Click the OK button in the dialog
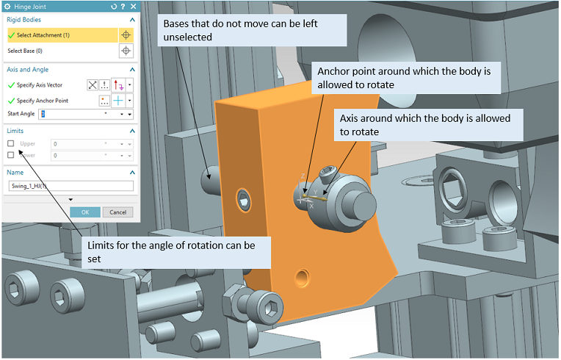(x=85, y=212)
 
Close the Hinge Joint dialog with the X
(x=132, y=7)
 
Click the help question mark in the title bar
(x=122, y=7)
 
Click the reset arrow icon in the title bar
(x=112, y=7)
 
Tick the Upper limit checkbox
(x=11, y=144)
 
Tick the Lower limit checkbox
(x=11, y=156)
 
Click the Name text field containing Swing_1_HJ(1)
(x=70, y=187)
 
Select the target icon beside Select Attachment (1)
(x=126, y=35)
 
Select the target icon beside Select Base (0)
(x=126, y=51)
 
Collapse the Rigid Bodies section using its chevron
(x=131, y=20)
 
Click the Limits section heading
(x=16, y=130)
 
